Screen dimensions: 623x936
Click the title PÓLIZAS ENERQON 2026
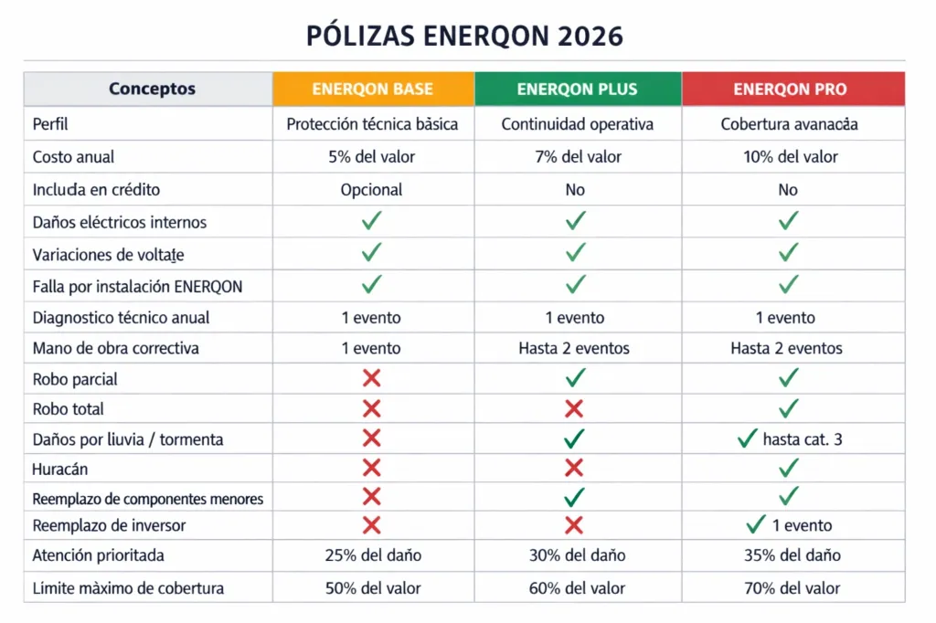click(465, 36)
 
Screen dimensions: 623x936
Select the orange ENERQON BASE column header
click(372, 90)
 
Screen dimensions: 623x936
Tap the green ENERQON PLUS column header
click(577, 90)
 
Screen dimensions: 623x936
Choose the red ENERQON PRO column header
click(790, 90)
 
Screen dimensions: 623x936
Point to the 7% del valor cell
click(576, 157)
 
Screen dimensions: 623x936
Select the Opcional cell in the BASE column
click(371, 190)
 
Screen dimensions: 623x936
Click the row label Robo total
click(68, 409)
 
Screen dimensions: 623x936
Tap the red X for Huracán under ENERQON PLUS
click(574, 469)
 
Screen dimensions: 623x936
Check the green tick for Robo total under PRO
click(788, 408)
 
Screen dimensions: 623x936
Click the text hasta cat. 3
click(802, 439)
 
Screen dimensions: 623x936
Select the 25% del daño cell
click(372, 555)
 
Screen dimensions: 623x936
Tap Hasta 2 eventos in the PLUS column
click(573, 348)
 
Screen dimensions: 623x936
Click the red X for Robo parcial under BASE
click(371, 378)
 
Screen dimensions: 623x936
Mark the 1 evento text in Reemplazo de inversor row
click(801, 525)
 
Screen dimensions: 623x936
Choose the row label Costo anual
click(73, 157)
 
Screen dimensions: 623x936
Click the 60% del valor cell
click(576, 588)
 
